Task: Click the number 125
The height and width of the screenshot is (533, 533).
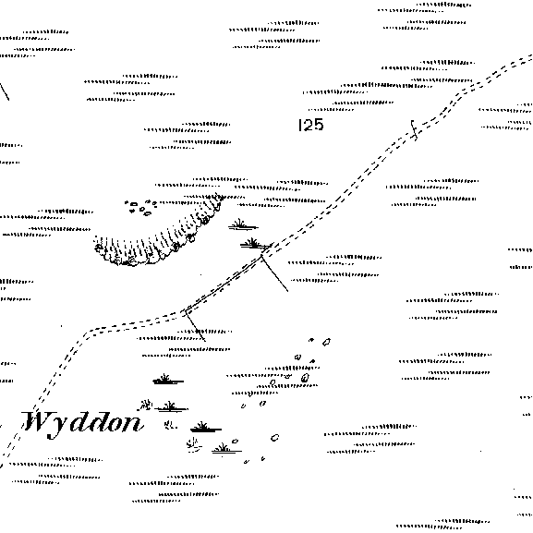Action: click(x=310, y=125)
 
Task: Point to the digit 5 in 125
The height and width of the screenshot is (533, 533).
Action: click(x=318, y=125)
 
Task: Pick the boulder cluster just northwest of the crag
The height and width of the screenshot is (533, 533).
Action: click(x=140, y=207)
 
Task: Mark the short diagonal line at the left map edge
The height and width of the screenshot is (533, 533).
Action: click(x=5, y=91)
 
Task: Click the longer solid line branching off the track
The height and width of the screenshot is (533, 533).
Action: click(x=274, y=273)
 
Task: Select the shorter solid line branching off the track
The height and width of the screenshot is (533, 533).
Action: click(x=195, y=326)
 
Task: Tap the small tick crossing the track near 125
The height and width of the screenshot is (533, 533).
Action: click(x=414, y=130)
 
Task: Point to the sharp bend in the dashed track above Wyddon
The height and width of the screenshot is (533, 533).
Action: click(x=88, y=332)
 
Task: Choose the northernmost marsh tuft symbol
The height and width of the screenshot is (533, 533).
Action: click(x=242, y=224)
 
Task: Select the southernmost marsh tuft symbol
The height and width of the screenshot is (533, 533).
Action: click(x=225, y=448)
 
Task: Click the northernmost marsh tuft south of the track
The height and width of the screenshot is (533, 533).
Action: click(x=168, y=380)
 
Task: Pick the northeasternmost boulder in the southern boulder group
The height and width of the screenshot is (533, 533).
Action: click(x=326, y=343)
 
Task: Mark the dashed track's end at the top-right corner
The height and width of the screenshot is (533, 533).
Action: click(x=531, y=58)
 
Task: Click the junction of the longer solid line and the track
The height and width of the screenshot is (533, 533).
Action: click(x=261, y=257)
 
